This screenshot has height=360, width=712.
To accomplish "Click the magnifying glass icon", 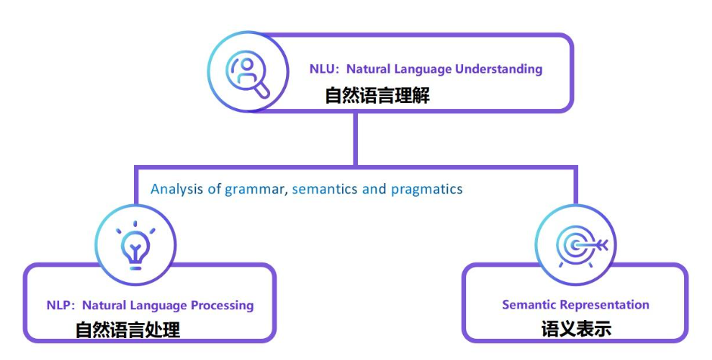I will (x=249, y=73).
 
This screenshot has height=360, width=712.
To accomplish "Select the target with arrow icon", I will (x=576, y=245).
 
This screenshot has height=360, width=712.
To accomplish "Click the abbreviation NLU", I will (x=322, y=69).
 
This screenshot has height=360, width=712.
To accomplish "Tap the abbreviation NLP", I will (x=59, y=306).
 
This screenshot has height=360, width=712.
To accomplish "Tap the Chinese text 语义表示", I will (x=576, y=329).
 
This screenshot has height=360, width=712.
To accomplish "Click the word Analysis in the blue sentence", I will (x=175, y=188).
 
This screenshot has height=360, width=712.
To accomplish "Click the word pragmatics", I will (x=426, y=189).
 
